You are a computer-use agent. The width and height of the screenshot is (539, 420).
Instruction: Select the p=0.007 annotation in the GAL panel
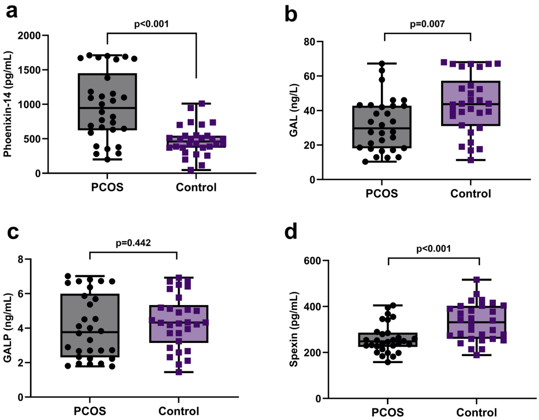point(427,24)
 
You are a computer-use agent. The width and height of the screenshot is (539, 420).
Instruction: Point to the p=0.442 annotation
point(132,243)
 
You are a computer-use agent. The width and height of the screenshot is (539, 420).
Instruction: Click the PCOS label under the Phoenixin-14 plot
point(107,188)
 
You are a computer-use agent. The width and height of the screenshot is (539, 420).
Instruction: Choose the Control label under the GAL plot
point(471,194)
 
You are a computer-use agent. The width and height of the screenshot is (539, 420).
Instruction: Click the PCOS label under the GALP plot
point(88,411)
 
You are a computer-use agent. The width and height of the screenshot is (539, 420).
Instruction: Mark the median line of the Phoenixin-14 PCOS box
point(107,108)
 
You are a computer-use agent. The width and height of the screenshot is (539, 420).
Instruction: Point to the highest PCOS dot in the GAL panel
point(382,64)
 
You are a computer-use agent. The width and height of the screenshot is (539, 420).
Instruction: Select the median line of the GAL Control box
point(470,104)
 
